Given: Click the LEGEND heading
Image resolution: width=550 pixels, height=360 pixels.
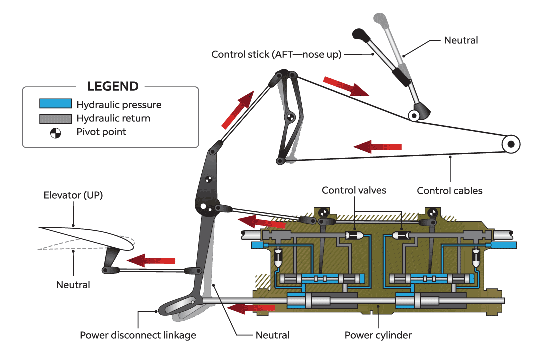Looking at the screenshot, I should coord(113,86).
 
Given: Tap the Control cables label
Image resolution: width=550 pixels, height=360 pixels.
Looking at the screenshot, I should coord(450,190).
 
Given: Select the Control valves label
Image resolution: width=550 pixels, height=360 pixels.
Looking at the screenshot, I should coord(354,190).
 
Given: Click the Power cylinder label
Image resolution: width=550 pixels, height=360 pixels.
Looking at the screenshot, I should coord(378,335).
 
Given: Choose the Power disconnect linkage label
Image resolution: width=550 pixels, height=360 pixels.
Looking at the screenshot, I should coord(138,335).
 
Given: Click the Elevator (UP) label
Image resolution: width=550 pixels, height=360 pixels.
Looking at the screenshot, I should coord(73,195).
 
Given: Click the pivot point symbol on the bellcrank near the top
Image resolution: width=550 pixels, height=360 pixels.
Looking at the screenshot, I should coord(290,118).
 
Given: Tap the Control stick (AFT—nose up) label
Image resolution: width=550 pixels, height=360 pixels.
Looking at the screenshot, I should coord(276,54).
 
